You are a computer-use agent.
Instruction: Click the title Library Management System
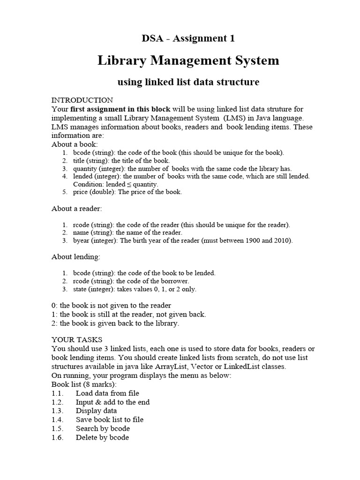(x=188, y=60)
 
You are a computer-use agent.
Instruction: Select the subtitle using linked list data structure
(x=188, y=82)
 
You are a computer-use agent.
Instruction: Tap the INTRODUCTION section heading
(x=82, y=100)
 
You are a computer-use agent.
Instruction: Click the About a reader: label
(x=76, y=208)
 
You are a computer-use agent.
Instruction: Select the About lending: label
(x=75, y=257)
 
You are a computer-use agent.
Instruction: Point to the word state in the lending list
(x=81, y=289)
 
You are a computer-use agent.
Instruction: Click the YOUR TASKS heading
(x=77, y=339)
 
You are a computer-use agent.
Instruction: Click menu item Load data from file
(x=107, y=393)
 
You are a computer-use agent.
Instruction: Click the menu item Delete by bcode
(x=102, y=437)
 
